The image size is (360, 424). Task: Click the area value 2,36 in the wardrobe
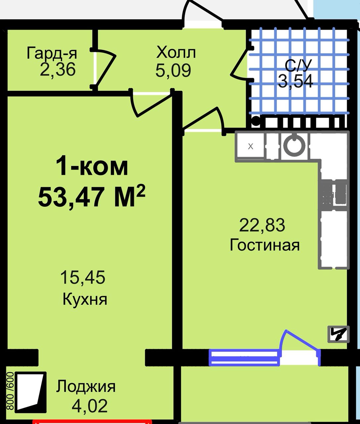(x=58, y=70)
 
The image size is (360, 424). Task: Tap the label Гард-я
(x=52, y=53)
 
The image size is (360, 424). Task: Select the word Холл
(x=176, y=52)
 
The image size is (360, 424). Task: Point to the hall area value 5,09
(x=173, y=70)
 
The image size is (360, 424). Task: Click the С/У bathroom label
(x=298, y=66)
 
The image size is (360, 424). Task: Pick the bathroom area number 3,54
(x=295, y=81)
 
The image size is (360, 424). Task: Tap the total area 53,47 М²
(x=92, y=196)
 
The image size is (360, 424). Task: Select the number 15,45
(x=82, y=277)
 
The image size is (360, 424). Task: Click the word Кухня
(x=85, y=299)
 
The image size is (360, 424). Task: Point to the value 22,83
(x=262, y=225)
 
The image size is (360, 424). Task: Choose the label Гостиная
(x=265, y=245)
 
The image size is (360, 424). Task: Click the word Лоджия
(x=86, y=387)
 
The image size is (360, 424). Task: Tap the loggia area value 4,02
(x=90, y=406)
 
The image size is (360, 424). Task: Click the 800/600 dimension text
(x=10, y=391)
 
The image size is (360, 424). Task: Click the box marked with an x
(x=250, y=146)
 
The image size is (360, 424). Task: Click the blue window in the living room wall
(x=244, y=358)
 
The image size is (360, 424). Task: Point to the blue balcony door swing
(x=300, y=344)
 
